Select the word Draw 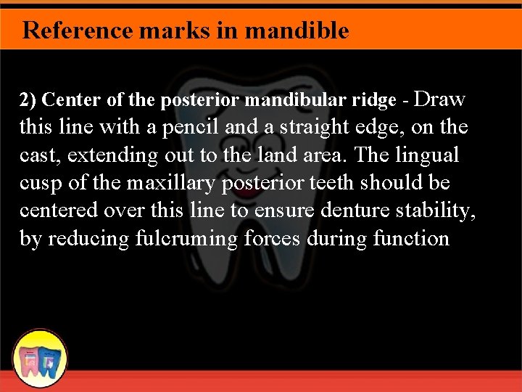(x=442, y=99)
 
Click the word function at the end (x=413, y=239)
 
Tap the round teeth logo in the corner (x=41, y=359)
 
